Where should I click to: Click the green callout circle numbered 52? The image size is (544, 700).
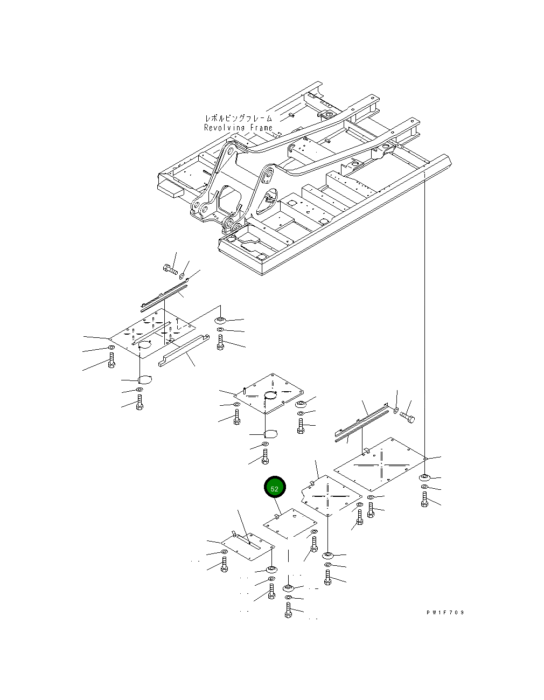pyautogui.click(x=275, y=488)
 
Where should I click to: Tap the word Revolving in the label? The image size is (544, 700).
pyautogui.click(x=225, y=128)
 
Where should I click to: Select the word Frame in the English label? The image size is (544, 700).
pyautogui.click(x=261, y=128)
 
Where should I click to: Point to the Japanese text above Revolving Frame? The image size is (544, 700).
pyautogui.click(x=239, y=118)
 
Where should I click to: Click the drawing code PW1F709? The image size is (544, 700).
pyautogui.click(x=445, y=612)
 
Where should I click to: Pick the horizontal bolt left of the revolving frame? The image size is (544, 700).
pyautogui.click(x=170, y=269)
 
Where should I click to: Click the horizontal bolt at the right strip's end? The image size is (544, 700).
pyautogui.click(x=408, y=418)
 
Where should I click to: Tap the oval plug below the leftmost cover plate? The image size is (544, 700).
pyautogui.click(x=144, y=379)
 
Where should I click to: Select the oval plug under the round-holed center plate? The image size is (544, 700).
pyautogui.click(x=270, y=434)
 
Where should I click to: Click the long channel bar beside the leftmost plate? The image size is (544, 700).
pyautogui.click(x=184, y=351)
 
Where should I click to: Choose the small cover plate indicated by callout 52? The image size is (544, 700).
pyautogui.click(x=290, y=523)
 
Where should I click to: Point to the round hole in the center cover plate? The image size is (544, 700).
pyautogui.click(x=273, y=396)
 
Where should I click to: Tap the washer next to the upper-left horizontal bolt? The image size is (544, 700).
pyautogui.click(x=182, y=276)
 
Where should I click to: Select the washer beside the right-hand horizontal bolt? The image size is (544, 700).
pyautogui.click(x=396, y=411)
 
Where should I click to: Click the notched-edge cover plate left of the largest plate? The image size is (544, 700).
pyautogui.click(x=332, y=495)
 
